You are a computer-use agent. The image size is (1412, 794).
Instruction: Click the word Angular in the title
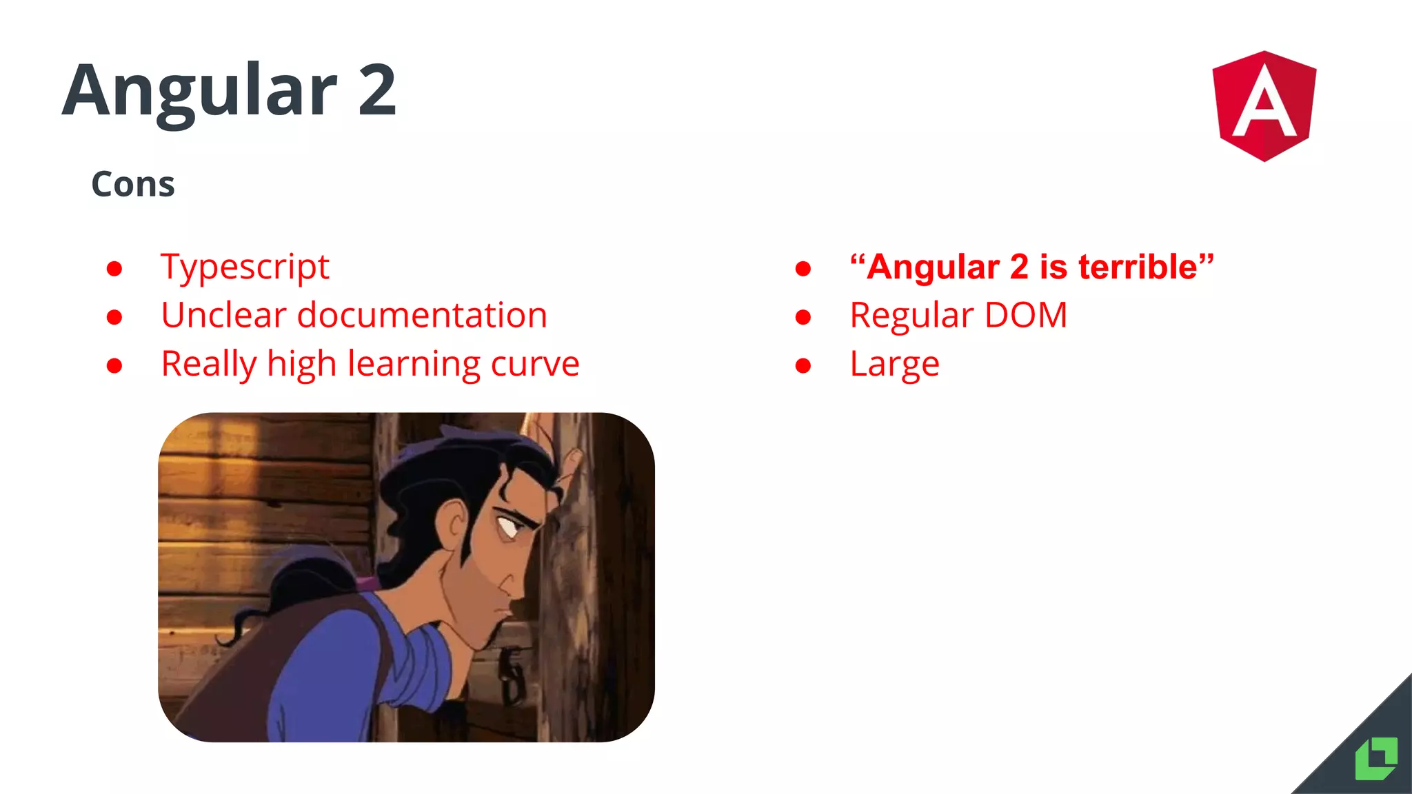click(200, 91)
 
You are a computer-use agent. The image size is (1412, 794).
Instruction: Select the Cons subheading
click(133, 185)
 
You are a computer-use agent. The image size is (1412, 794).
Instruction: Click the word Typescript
click(245, 267)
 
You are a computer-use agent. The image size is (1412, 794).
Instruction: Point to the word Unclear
click(223, 316)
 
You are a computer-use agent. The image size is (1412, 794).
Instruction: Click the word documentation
click(422, 316)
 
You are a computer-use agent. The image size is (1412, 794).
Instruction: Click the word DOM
click(1026, 316)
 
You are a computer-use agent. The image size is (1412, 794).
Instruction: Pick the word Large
click(894, 365)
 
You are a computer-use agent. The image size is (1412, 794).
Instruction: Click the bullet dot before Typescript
click(114, 268)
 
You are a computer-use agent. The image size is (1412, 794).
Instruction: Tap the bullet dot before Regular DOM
click(803, 317)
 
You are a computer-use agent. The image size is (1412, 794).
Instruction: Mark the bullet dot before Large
click(803, 365)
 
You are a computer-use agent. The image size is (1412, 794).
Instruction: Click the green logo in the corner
click(1375, 759)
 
